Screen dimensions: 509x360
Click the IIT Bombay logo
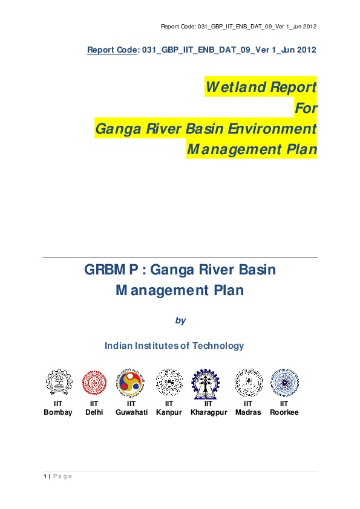point(58,382)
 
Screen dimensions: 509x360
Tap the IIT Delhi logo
point(94,382)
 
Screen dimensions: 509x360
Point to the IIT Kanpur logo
point(169,382)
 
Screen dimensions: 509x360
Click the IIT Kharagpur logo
point(208,382)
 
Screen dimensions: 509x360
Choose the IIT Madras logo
point(248,382)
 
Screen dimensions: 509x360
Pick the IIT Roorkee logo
point(284,382)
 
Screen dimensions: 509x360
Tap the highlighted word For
point(306,108)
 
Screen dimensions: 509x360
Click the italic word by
point(180,320)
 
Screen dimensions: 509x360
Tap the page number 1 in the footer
point(45,476)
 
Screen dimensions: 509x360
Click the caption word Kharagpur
point(208,412)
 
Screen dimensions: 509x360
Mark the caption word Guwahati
point(131,412)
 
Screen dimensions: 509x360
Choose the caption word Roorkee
point(284,412)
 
